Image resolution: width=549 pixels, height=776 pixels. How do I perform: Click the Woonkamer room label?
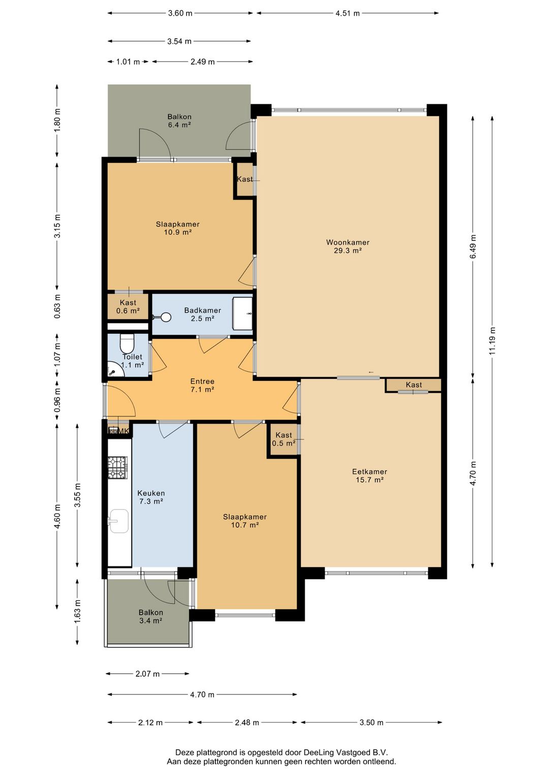(x=348, y=246)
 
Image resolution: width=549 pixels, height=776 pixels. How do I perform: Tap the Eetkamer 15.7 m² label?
(x=370, y=475)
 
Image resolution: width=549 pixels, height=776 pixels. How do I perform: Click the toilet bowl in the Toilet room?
(x=127, y=343)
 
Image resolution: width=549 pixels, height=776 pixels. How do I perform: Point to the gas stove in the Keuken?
(x=118, y=468)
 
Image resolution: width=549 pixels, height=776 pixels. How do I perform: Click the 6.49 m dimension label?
(x=473, y=246)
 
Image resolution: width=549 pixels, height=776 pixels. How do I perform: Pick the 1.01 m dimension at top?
(x=128, y=62)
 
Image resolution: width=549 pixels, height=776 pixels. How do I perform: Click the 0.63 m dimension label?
(x=57, y=306)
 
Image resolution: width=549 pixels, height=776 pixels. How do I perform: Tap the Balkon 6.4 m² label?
(x=179, y=121)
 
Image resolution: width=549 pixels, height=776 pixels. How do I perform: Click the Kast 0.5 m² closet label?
(x=284, y=439)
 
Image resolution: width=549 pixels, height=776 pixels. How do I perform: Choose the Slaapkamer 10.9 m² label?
(x=178, y=228)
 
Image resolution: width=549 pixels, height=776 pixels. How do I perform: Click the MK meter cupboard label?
(x=124, y=431)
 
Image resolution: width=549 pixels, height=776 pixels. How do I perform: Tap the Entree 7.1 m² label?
(x=202, y=385)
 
